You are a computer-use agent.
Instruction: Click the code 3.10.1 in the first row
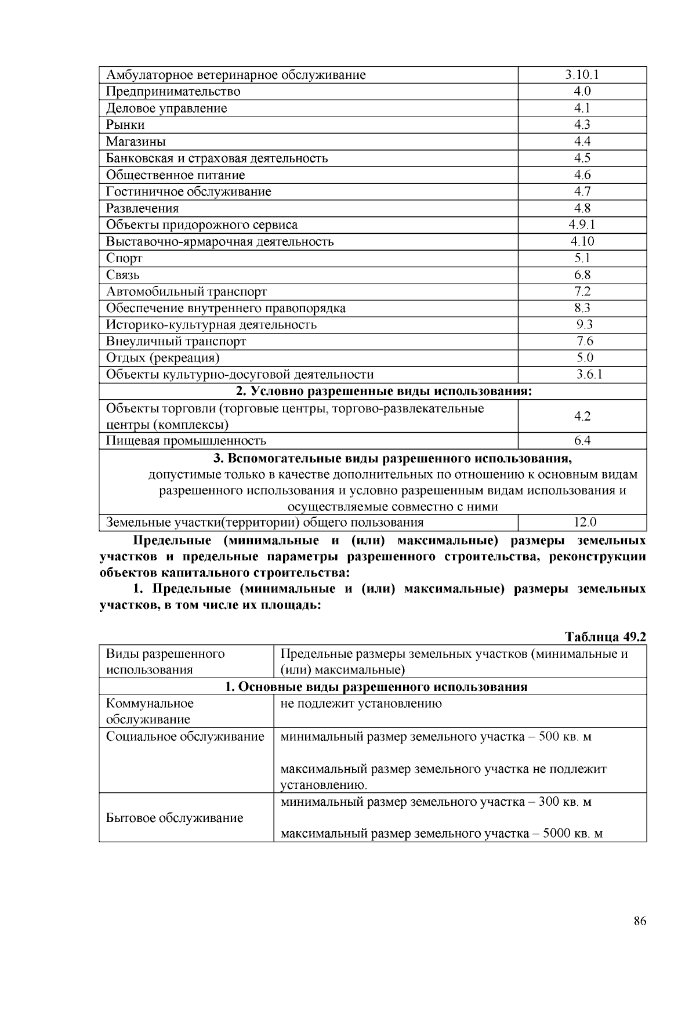tap(582, 75)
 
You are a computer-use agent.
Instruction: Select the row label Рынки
tap(125, 125)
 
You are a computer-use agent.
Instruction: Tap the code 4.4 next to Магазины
tap(582, 142)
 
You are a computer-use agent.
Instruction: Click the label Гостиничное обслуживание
tap(188, 191)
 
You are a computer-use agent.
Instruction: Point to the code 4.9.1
tap(582, 225)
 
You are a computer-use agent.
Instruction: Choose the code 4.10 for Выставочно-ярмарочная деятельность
tap(582, 241)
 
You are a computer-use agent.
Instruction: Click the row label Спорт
tap(124, 258)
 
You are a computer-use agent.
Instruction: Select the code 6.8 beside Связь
tap(582, 275)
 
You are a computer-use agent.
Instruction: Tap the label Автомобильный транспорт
tap(186, 292)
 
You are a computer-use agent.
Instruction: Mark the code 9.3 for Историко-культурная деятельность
tap(582, 325)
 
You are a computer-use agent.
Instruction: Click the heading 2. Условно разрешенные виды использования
tap(372, 392)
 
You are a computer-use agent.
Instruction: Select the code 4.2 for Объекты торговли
tap(582, 417)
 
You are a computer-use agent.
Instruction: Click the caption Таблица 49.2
tap(605, 637)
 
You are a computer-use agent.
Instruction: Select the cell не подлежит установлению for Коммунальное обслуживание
tap(361, 704)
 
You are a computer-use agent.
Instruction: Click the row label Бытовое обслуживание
tap(175, 819)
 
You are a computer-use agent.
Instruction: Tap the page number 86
tap(640, 922)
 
